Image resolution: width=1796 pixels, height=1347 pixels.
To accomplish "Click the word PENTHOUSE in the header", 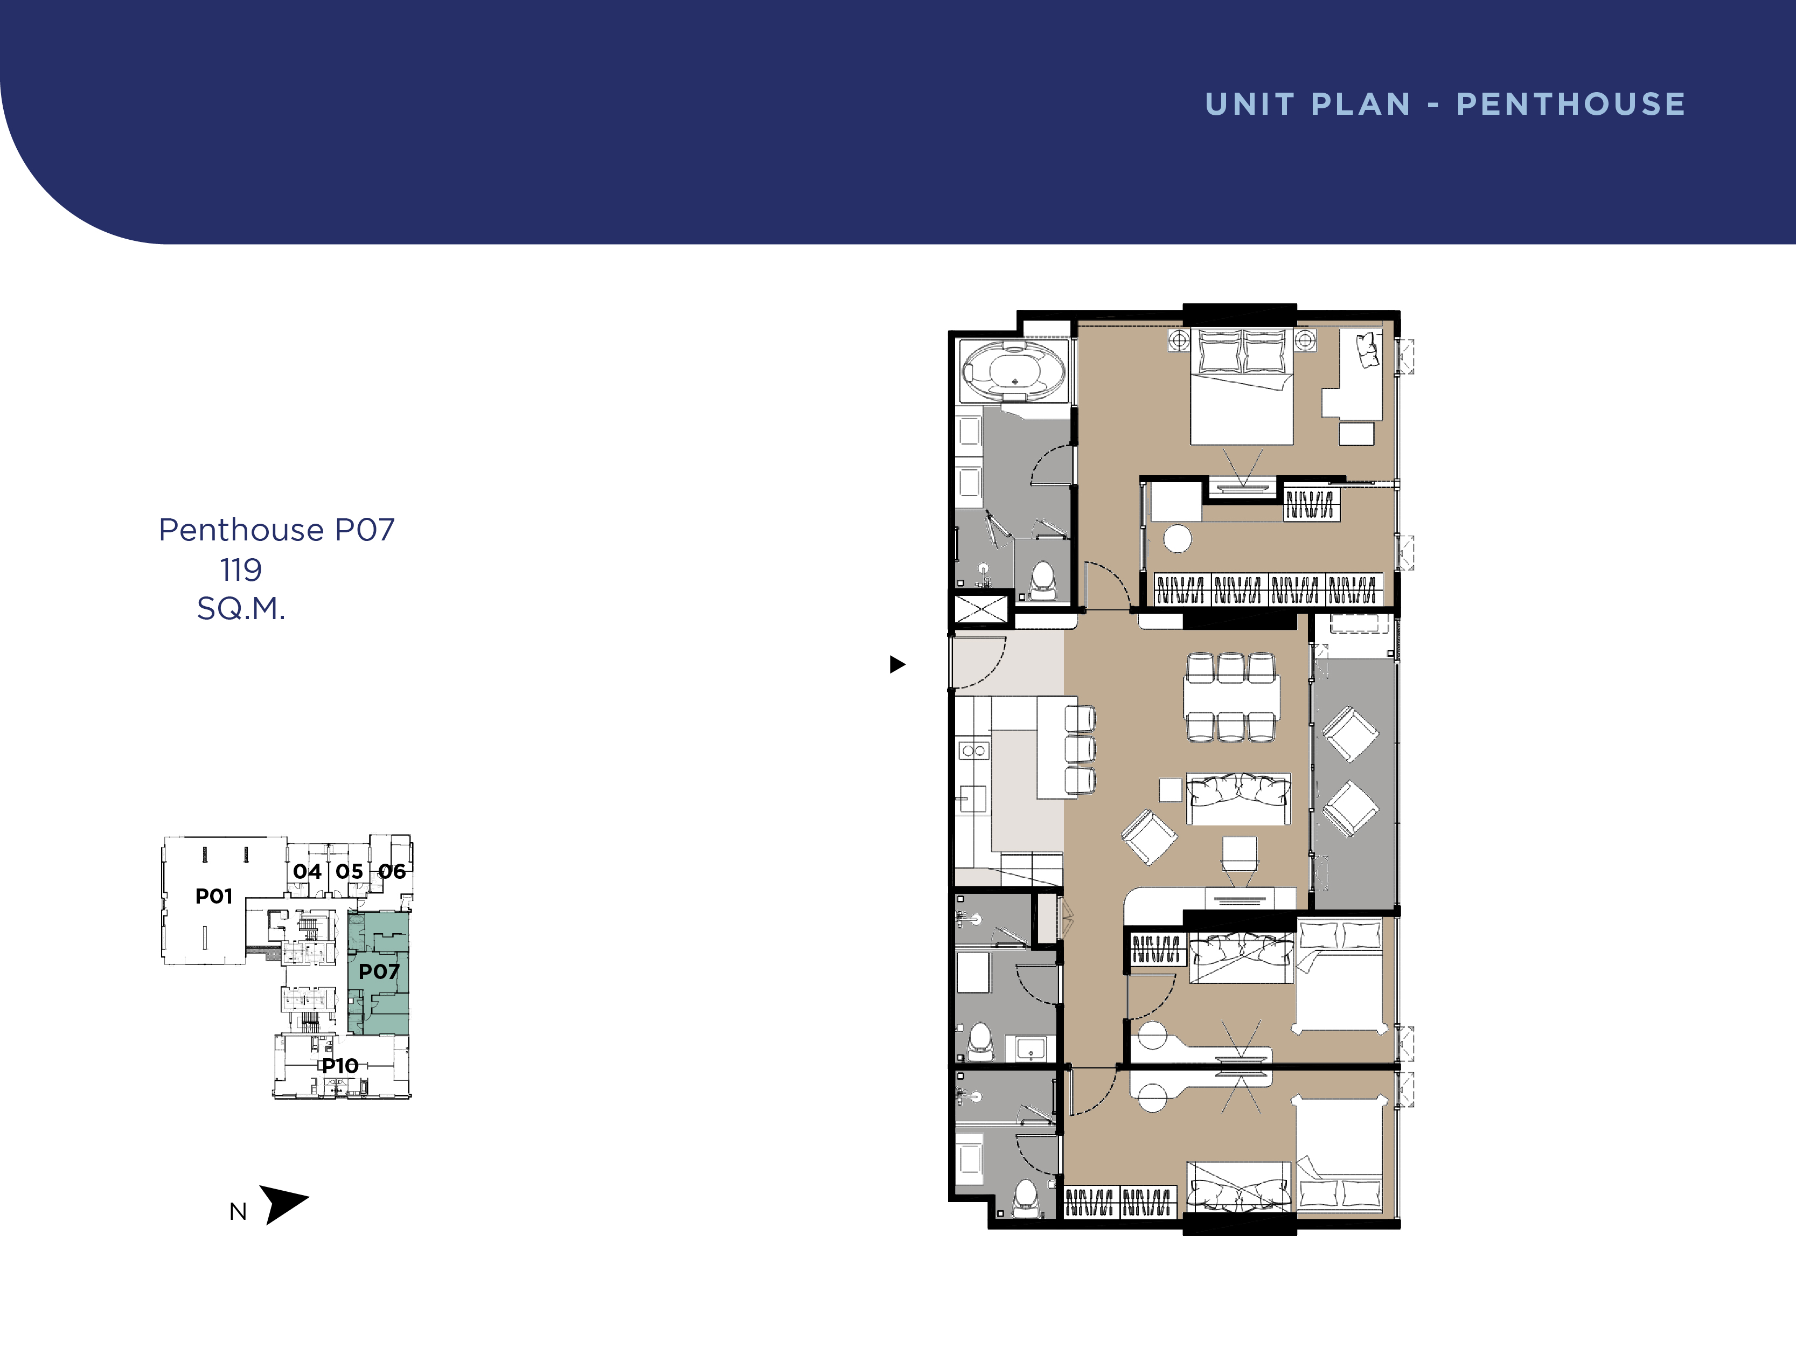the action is coord(1571,104).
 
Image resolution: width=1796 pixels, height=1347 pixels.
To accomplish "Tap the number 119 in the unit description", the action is coord(241,570).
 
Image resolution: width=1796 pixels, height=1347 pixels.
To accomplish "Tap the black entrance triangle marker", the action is coord(897,664).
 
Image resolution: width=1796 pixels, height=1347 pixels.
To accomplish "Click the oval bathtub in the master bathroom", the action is coord(1013,371).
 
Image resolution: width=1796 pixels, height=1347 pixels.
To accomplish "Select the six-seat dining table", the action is coord(1231,697).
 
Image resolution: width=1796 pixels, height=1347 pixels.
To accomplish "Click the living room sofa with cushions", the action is coord(1238,799).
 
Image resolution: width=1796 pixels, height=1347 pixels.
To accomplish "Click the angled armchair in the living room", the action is coord(1149,837).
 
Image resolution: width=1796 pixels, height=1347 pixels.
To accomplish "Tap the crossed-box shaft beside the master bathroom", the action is coord(981,609).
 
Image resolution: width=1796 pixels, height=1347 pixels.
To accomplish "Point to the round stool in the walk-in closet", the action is coord(1177,538).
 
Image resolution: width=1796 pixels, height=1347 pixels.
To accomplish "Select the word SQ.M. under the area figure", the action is coord(241,608).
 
